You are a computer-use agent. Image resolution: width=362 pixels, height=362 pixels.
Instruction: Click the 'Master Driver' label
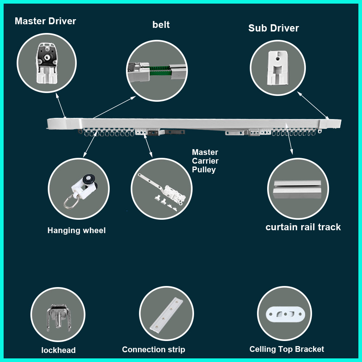pyautogui.click(x=45, y=21)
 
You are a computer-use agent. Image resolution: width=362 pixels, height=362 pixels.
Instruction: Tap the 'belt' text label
pyautogui.click(x=161, y=25)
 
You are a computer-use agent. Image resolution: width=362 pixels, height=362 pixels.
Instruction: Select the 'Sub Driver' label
pyautogui.click(x=273, y=28)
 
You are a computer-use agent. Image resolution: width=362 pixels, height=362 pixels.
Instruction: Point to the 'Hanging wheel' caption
pyautogui.click(x=76, y=231)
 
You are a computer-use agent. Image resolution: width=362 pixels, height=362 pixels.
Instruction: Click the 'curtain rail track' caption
pyautogui.click(x=303, y=227)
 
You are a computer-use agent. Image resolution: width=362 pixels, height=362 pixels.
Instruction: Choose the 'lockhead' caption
pyautogui.click(x=58, y=350)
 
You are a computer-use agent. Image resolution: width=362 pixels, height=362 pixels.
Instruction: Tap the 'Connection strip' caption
pyautogui.click(x=153, y=350)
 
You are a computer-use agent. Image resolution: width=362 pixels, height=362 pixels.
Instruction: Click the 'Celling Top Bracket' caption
pyautogui.click(x=287, y=349)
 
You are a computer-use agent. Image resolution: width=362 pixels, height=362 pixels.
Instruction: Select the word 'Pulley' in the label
pyautogui.click(x=204, y=169)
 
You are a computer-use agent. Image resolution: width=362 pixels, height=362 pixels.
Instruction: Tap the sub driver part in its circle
pyautogui.click(x=277, y=67)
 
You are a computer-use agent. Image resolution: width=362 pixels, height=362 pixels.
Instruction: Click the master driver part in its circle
pyautogui.click(x=47, y=63)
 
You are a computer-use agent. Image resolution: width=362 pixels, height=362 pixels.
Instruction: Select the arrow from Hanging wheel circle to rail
pyautogui.click(x=90, y=144)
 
